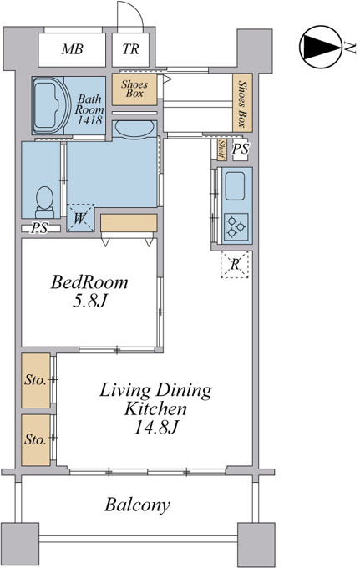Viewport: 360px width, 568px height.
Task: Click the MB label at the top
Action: [72, 49]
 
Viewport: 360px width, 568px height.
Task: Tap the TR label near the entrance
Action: [130, 49]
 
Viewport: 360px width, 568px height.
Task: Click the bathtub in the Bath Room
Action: [50, 105]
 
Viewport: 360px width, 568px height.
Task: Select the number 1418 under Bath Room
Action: [89, 120]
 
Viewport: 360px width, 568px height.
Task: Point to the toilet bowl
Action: [45, 202]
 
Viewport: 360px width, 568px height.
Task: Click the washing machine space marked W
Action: [80, 218]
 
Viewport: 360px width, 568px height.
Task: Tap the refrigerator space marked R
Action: [235, 265]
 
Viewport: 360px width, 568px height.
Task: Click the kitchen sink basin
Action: [235, 186]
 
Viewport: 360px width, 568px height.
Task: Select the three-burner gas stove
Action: [236, 227]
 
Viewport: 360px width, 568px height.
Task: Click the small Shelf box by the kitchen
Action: [221, 150]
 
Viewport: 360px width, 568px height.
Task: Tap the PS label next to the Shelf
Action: [240, 149]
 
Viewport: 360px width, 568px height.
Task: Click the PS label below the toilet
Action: [39, 229]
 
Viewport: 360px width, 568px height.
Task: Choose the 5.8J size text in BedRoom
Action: [89, 301]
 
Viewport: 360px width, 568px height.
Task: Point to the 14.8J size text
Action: [155, 428]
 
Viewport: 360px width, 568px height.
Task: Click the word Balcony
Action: [137, 505]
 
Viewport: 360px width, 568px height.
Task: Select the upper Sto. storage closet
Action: [35, 380]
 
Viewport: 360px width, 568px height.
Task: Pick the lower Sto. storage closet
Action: [35, 440]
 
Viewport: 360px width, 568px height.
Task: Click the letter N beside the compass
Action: [350, 47]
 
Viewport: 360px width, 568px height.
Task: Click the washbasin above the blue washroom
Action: [134, 129]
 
